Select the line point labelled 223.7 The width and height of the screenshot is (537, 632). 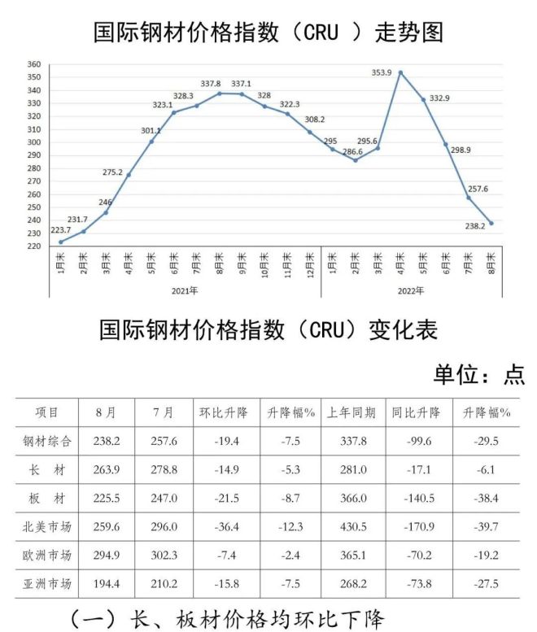(61, 242)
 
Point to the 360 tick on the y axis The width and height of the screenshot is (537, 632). (33, 64)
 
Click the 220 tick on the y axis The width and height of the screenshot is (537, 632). (33, 246)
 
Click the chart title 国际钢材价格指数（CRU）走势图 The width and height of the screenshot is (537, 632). (268, 33)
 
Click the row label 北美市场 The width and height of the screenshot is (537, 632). (46, 526)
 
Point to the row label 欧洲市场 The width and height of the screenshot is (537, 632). (46, 555)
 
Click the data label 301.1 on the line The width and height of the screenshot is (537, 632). (151, 130)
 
